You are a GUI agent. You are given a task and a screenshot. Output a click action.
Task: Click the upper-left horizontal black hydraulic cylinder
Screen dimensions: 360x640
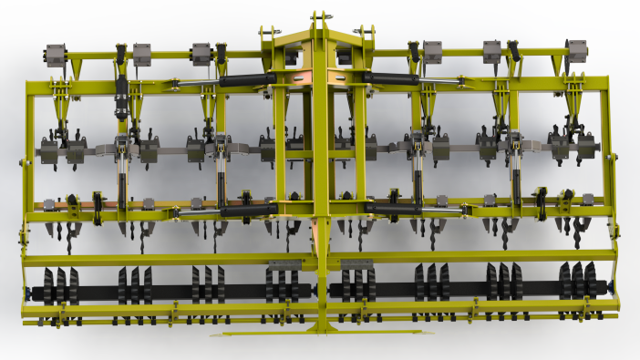tap(247, 80)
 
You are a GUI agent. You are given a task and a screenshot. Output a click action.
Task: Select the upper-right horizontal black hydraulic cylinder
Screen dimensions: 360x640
tap(395, 79)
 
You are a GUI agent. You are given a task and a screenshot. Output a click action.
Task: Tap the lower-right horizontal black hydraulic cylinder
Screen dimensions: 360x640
tap(393, 209)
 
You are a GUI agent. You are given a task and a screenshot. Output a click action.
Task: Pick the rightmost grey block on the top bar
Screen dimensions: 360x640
tap(576, 52)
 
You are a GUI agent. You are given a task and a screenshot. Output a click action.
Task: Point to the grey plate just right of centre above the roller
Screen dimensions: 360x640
tap(357, 263)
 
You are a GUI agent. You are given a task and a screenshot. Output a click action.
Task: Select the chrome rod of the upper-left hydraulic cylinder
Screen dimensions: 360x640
tap(196, 84)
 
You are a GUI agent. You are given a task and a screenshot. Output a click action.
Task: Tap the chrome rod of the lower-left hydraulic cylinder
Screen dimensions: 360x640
tap(196, 213)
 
